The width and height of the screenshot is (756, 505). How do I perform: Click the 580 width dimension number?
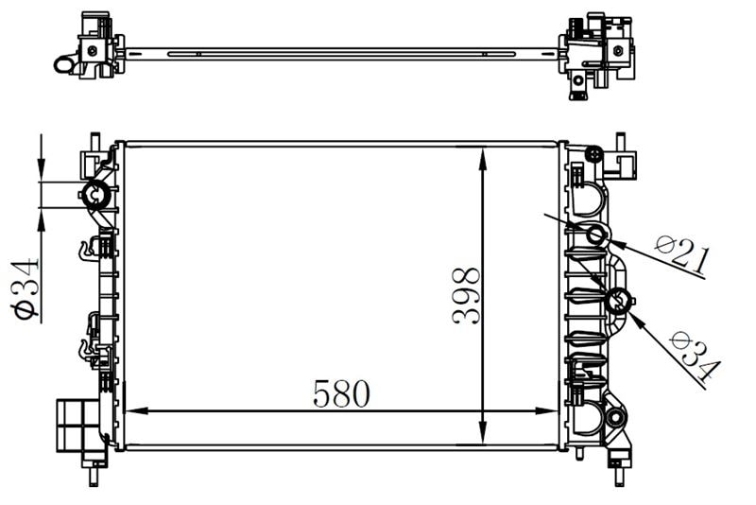[x=341, y=393]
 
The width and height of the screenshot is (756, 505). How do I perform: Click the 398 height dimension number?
[x=467, y=296]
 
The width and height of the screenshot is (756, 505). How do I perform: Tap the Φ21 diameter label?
[x=682, y=254]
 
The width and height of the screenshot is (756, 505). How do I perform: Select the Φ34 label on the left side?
[x=26, y=289]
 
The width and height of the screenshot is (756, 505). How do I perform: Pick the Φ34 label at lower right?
[x=695, y=356]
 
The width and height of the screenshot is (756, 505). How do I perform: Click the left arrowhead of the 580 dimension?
[x=136, y=411]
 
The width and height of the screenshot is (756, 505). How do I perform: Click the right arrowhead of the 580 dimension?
[x=546, y=411]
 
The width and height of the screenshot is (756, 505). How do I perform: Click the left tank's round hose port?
[x=96, y=195]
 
